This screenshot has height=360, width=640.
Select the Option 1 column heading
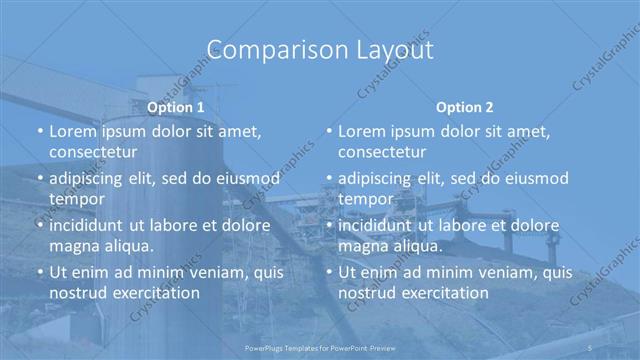[x=176, y=107]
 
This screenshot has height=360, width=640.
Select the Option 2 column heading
[x=465, y=107]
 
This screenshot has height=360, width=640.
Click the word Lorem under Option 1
[x=73, y=131]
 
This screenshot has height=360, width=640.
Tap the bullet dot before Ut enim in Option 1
[x=39, y=272]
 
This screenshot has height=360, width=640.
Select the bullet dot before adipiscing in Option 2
[x=328, y=179]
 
